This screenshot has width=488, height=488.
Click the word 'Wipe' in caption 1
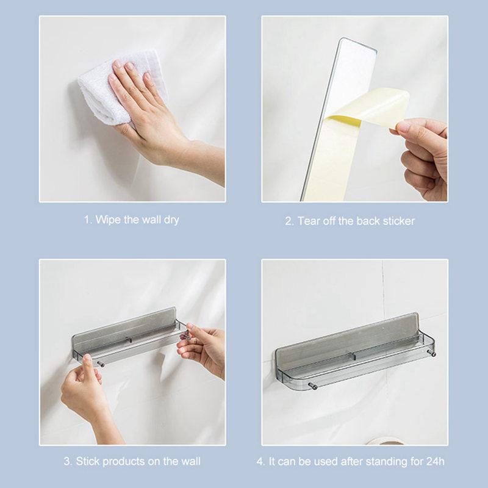(108, 220)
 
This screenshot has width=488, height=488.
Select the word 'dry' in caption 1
(171, 220)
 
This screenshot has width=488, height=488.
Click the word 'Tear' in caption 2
(309, 221)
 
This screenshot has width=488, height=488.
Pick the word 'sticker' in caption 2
(399, 221)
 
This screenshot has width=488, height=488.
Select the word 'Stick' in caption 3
(87, 461)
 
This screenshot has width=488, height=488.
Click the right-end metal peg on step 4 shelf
(432, 354)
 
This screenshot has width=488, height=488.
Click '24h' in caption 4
(435, 461)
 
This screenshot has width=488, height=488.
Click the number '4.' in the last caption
(261, 461)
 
